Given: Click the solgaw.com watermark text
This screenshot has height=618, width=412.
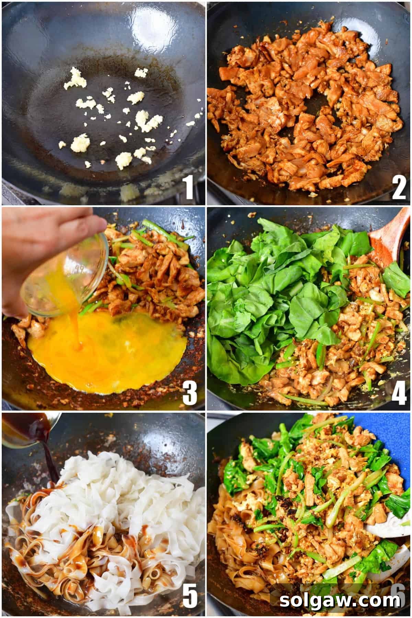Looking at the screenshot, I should point(340,600).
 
